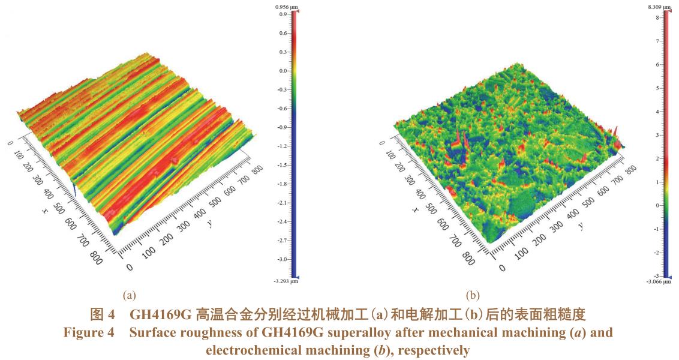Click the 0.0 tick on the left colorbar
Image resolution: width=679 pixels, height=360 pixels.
[x=283, y=71]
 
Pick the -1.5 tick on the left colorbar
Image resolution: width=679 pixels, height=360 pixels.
[x=282, y=165]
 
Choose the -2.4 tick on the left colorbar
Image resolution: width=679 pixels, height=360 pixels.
[x=282, y=222]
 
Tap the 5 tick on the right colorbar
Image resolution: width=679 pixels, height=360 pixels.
[x=659, y=88]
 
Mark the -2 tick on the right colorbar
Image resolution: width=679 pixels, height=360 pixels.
[x=657, y=253]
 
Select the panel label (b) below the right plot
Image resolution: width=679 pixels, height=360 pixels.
[x=473, y=295]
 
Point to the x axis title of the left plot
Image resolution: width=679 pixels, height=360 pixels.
[x=45, y=211]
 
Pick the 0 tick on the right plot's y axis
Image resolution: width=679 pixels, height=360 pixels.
[x=501, y=268]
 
